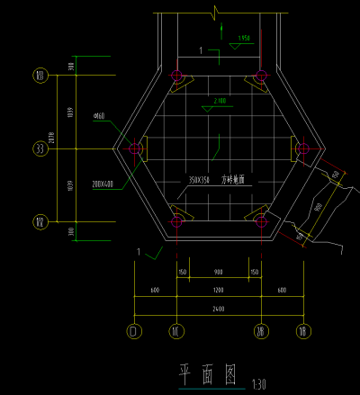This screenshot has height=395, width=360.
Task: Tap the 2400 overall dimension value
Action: pyautogui.click(x=219, y=309)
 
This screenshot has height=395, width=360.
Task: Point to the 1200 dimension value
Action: pyautogui.click(x=219, y=291)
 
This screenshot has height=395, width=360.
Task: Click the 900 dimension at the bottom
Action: pyautogui.click(x=219, y=272)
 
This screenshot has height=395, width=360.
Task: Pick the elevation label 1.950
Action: pyautogui.click(x=242, y=38)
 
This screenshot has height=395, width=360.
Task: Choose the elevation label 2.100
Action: pyautogui.click(x=220, y=100)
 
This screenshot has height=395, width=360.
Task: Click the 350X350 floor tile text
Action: pyautogui.click(x=201, y=180)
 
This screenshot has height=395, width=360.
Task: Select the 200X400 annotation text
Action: pyautogui.click(x=103, y=184)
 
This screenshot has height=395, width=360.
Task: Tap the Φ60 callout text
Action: pyautogui.click(x=99, y=117)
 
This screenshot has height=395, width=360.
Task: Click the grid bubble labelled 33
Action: pyautogui.click(x=40, y=148)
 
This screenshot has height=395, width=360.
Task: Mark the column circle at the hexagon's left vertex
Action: pyautogui.click(x=135, y=148)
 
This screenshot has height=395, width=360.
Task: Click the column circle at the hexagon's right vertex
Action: pyautogui.click(x=302, y=148)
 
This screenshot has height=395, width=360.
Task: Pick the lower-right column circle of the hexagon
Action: pyautogui.click(x=261, y=220)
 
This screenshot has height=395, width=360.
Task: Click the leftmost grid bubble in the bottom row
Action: pyautogui.click(x=134, y=331)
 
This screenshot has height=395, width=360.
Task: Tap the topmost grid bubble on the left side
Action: pyautogui.click(x=40, y=76)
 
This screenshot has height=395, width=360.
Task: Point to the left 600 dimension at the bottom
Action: pyautogui.click(x=155, y=291)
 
